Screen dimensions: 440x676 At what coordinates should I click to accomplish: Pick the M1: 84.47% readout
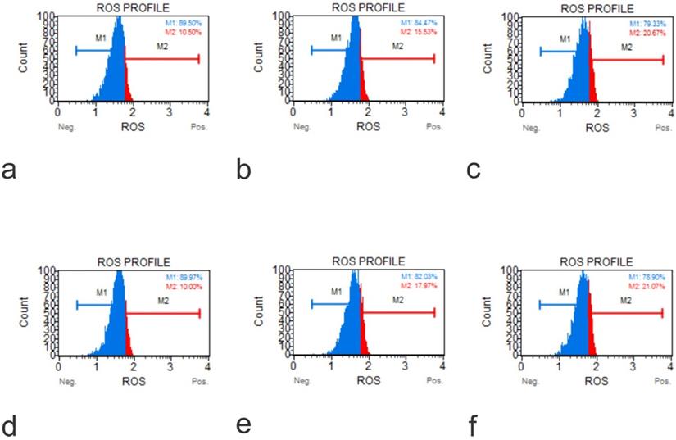(419, 23)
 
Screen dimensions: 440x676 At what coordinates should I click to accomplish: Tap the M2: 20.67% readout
(647, 32)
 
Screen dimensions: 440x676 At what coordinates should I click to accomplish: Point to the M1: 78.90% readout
(647, 279)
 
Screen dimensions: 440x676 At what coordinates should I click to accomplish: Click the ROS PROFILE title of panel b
(368, 7)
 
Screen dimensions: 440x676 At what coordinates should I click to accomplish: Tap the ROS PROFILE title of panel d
(133, 262)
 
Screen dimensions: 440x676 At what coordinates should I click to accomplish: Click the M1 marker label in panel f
(564, 292)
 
